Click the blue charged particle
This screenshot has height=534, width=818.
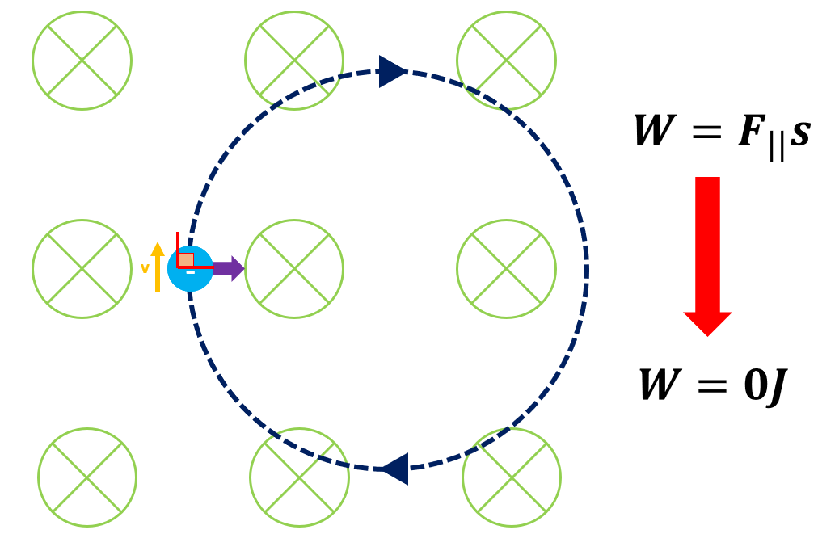(191, 269)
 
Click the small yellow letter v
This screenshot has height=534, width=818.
(145, 268)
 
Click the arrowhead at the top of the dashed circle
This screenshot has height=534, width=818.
(391, 71)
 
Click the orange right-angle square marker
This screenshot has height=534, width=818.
(187, 259)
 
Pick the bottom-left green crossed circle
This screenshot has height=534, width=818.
(87, 477)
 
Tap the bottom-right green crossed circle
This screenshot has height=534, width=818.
(512, 477)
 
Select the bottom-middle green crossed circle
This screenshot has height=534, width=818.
(299, 477)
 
